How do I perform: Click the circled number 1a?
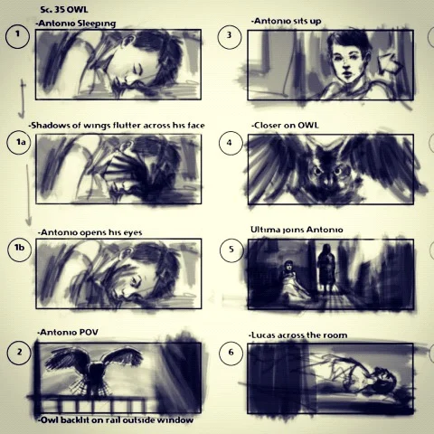(19, 143)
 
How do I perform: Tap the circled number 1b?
(20, 249)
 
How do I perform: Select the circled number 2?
(20, 352)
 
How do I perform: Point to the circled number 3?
(230, 37)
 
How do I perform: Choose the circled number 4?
(230, 143)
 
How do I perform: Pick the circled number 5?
(231, 250)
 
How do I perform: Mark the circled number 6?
(231, 353)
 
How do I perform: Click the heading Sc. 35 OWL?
(64, 9)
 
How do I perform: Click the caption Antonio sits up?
(287, 21)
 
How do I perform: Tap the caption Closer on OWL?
(285, 125)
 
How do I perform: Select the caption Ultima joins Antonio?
(297, 230)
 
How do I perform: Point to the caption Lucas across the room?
(298, 335)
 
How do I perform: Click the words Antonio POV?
(68, 332)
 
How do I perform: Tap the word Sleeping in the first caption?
(97, 24)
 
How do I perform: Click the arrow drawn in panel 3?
(391, 64)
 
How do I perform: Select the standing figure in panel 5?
(325, 269)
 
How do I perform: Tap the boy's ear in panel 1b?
(129, 253)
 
